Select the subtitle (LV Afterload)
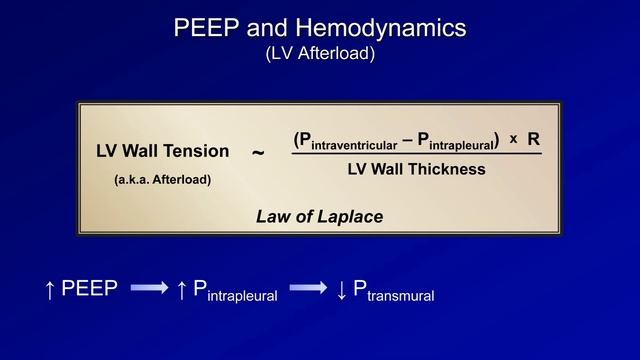[320, 54]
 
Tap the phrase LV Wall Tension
[163, 151]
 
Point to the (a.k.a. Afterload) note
[162, 180]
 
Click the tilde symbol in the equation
[258, 152]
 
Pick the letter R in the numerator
[533, 138]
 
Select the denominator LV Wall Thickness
[416, 169]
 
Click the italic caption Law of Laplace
[319, 216]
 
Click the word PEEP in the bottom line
[90, 289]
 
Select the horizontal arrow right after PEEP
[149, 289]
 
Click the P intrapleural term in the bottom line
[234, 291]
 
